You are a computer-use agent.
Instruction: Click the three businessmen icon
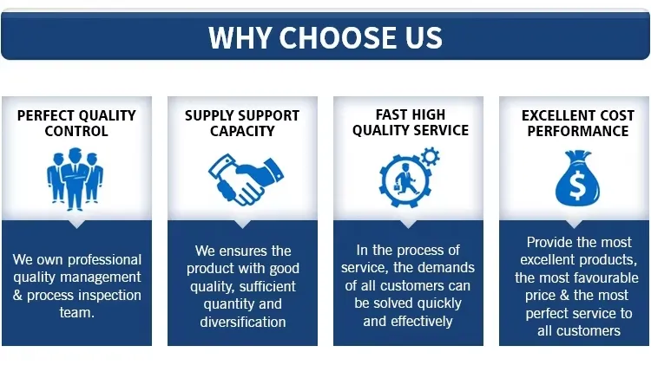pos(76,181)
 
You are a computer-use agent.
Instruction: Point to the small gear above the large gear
pos(430,157)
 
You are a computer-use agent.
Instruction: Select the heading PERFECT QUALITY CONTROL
pos(76,123)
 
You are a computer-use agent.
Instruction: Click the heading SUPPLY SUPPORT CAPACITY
pos(242,123)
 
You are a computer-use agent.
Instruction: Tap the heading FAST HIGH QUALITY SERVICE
pos(410,122)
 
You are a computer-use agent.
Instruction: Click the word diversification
pos(242,322)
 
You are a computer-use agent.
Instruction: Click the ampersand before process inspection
pos(18,295)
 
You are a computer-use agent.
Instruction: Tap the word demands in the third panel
pos(441,269)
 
